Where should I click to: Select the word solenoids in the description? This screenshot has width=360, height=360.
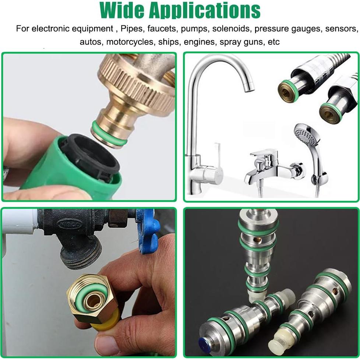coord(233,28)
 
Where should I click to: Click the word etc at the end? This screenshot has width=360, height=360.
coord(274,42)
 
